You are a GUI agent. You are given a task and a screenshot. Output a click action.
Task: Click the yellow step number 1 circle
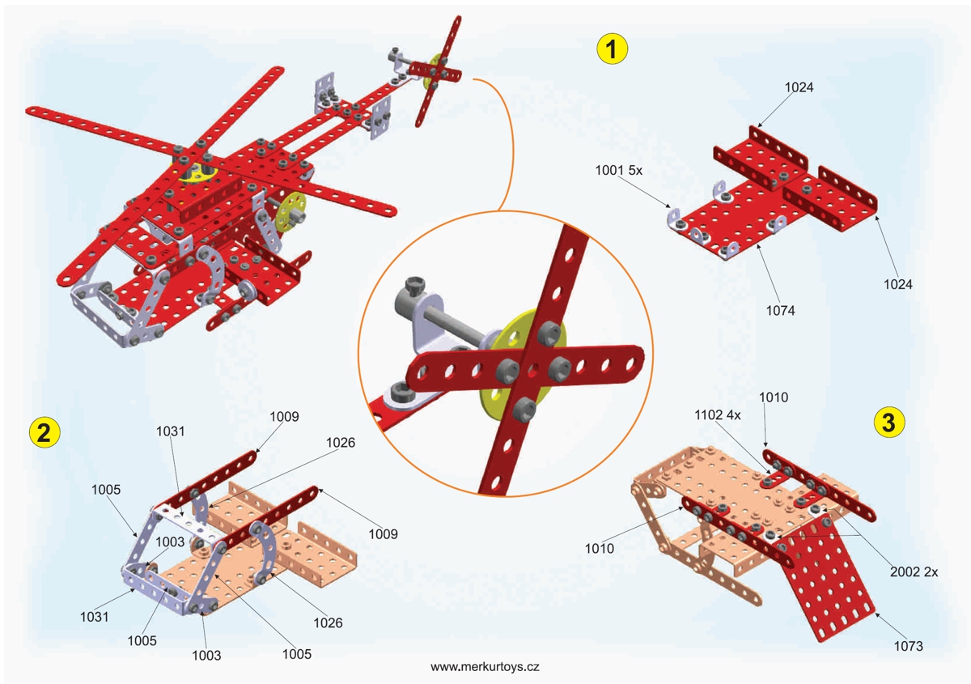click(612, 49)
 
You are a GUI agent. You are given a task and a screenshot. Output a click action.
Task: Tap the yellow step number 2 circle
click(43, 431)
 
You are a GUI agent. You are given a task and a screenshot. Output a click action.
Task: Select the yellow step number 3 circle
click(888, 422)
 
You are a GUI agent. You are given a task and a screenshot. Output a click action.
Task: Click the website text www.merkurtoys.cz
click(485, 667)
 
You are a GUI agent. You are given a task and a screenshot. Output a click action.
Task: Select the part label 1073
click(909, 646)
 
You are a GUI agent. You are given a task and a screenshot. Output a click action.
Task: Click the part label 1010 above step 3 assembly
click(774, 397)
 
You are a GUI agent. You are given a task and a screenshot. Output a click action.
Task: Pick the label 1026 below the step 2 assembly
click(328, 622)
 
